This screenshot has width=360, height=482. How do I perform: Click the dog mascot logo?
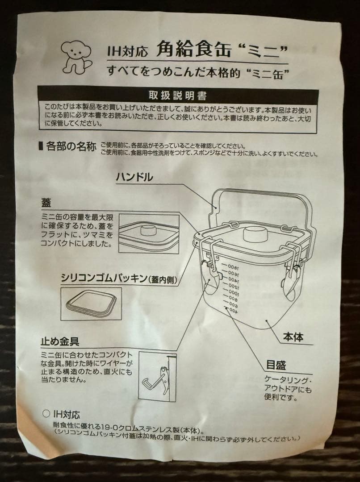75,57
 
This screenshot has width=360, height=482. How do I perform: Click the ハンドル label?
134,177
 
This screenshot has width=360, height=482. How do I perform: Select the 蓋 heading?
46,203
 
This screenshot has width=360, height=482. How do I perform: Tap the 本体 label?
293,337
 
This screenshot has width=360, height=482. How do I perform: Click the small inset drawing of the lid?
149,233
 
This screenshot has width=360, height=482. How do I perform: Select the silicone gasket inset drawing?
91,303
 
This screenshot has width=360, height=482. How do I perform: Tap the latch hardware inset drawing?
157,375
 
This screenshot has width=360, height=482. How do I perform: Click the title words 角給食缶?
194,50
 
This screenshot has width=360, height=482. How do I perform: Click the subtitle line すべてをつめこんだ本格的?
188,71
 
